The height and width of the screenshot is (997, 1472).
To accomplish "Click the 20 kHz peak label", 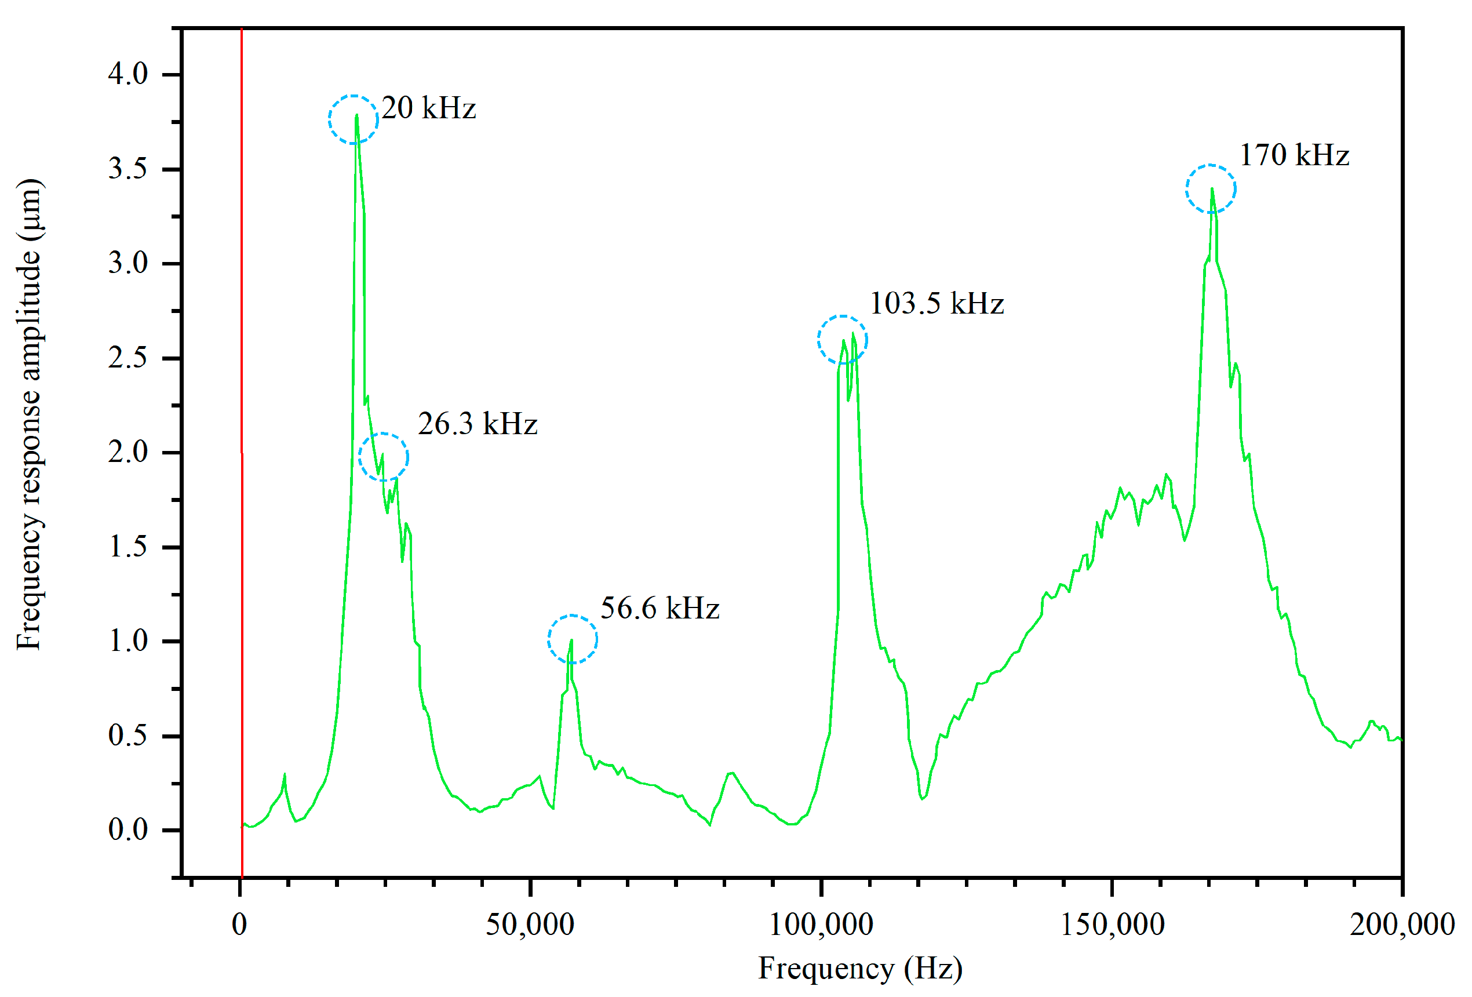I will point(428,108).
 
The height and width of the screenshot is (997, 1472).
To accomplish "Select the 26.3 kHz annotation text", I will point(477,424).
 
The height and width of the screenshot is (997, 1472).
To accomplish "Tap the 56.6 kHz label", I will point(660,608).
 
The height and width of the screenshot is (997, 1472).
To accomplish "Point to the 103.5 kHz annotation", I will point(936,303).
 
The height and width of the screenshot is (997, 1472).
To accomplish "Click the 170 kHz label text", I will point(1294,155).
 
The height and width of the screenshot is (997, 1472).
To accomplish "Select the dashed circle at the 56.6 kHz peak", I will point(572,639).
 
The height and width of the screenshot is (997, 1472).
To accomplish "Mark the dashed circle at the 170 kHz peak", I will point(1211,189).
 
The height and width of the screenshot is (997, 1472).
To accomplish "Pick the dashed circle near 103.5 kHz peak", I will point(842,340).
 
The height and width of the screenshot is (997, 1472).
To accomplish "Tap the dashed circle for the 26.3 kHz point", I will point(383,457).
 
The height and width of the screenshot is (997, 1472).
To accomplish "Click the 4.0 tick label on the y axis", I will point(127,74).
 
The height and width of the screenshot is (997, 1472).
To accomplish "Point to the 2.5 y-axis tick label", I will point(127,358).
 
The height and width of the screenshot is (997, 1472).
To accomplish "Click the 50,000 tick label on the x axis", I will point(530,925).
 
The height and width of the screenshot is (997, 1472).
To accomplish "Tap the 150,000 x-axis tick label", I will point(1112,925).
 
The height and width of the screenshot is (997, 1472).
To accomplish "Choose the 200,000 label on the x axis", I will point(1401,925).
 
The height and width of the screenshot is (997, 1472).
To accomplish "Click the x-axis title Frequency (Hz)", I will point(860,969).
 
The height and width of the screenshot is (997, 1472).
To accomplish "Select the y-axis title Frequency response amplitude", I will point(28,415).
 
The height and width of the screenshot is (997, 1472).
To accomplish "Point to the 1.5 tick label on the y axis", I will point(127,547).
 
